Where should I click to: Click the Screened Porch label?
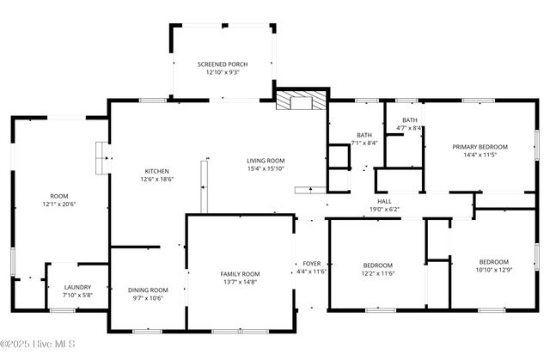pyautogui.click(x=223, y=64)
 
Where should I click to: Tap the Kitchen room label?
pyautogui.click(x=156, y=171)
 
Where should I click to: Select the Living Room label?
pyautogui.click(x=266, y=161)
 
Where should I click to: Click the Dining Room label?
pyautogui.click(x=148, y=290)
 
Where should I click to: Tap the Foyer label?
pyautogui.click(x=311, y=263)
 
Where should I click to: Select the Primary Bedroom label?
pyautogui.click(x=480, y=147)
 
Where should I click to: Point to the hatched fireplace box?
pyautogui.click(x=301, y=100)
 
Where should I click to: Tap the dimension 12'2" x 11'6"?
pyautogui.click(x=377, y=273)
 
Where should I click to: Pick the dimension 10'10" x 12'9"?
pyautogui.click(x=493, y=270)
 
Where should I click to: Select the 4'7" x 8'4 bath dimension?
pyautogui.click(x=410, y=128)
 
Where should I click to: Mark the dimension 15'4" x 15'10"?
pyautogui.click(x=266, y=169)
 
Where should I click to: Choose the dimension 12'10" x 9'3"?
pyautogui.click(x=223, y=73)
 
